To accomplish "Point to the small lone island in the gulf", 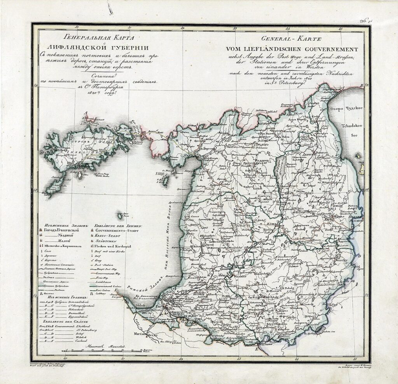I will [120, 214].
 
